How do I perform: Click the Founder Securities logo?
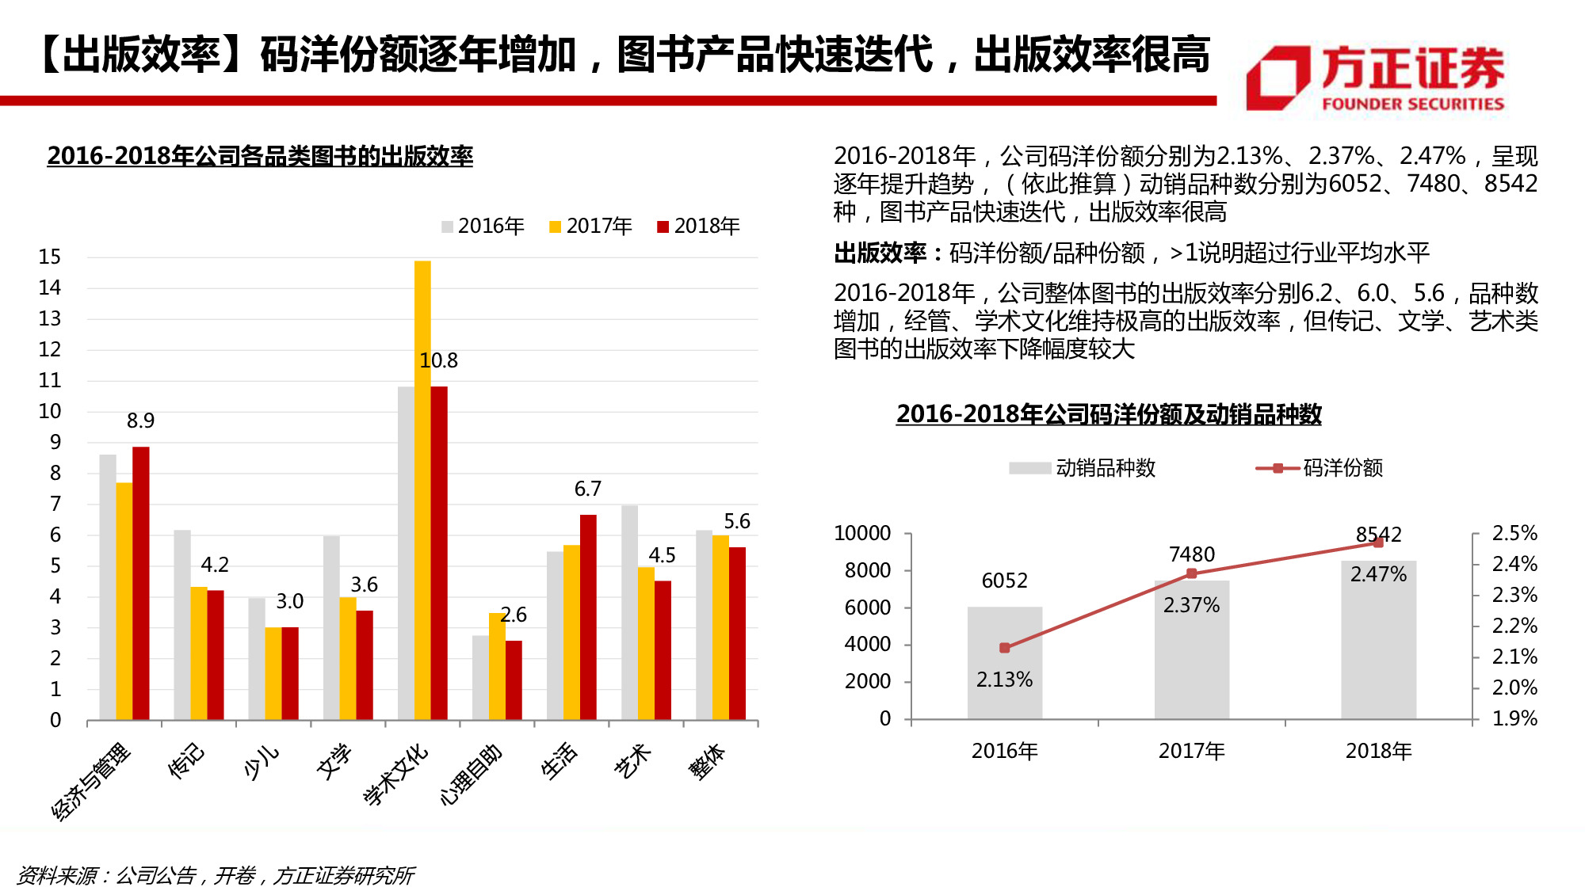coord(1375,78)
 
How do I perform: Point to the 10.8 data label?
coord(438,361)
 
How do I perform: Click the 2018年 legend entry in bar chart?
coord(698,227)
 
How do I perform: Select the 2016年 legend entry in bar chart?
coord(483,227)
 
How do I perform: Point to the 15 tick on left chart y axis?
coord(49,257)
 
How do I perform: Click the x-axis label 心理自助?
coord(471,775)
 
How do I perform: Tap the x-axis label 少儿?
coord(261,762)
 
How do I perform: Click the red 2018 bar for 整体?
coord(737,633)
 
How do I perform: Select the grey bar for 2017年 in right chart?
coord(1191,649)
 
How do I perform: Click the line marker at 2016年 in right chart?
coord(1004,648)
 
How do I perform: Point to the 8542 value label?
coord(1378,535)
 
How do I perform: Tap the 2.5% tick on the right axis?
coord(1514,534)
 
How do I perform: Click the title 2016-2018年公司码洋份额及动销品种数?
coord(1108,414)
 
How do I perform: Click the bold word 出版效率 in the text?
coord(880,253)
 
